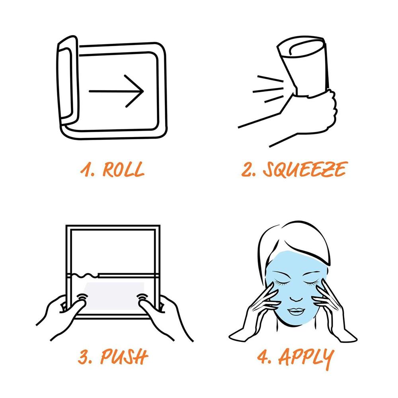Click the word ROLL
coord(123,169)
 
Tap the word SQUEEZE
coord(304,169)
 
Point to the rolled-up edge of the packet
coord(68,81)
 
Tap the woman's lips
coord(296,311)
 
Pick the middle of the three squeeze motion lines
coord(268,90)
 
